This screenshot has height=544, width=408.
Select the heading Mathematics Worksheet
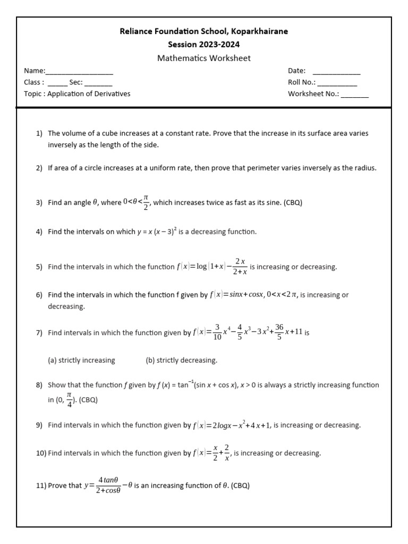[x=203, y=58]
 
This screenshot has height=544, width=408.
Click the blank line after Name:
[x=80, y=72]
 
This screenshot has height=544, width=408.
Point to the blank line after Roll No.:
[x=337, y=83]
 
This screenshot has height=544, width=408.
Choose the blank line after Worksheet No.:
[x=355, y=95]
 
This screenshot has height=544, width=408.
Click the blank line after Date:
[x=336, y=72]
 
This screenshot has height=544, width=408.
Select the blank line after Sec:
[x=98, y=83]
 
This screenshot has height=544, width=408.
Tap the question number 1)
[x=39, y=133]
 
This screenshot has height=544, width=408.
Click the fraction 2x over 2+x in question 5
[x=240, y=267]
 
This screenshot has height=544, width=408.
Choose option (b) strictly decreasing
[x=181, y=360]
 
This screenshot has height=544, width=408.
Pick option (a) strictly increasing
[x=81, y=360]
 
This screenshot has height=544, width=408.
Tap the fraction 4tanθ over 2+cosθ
[x=108, y=486]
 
